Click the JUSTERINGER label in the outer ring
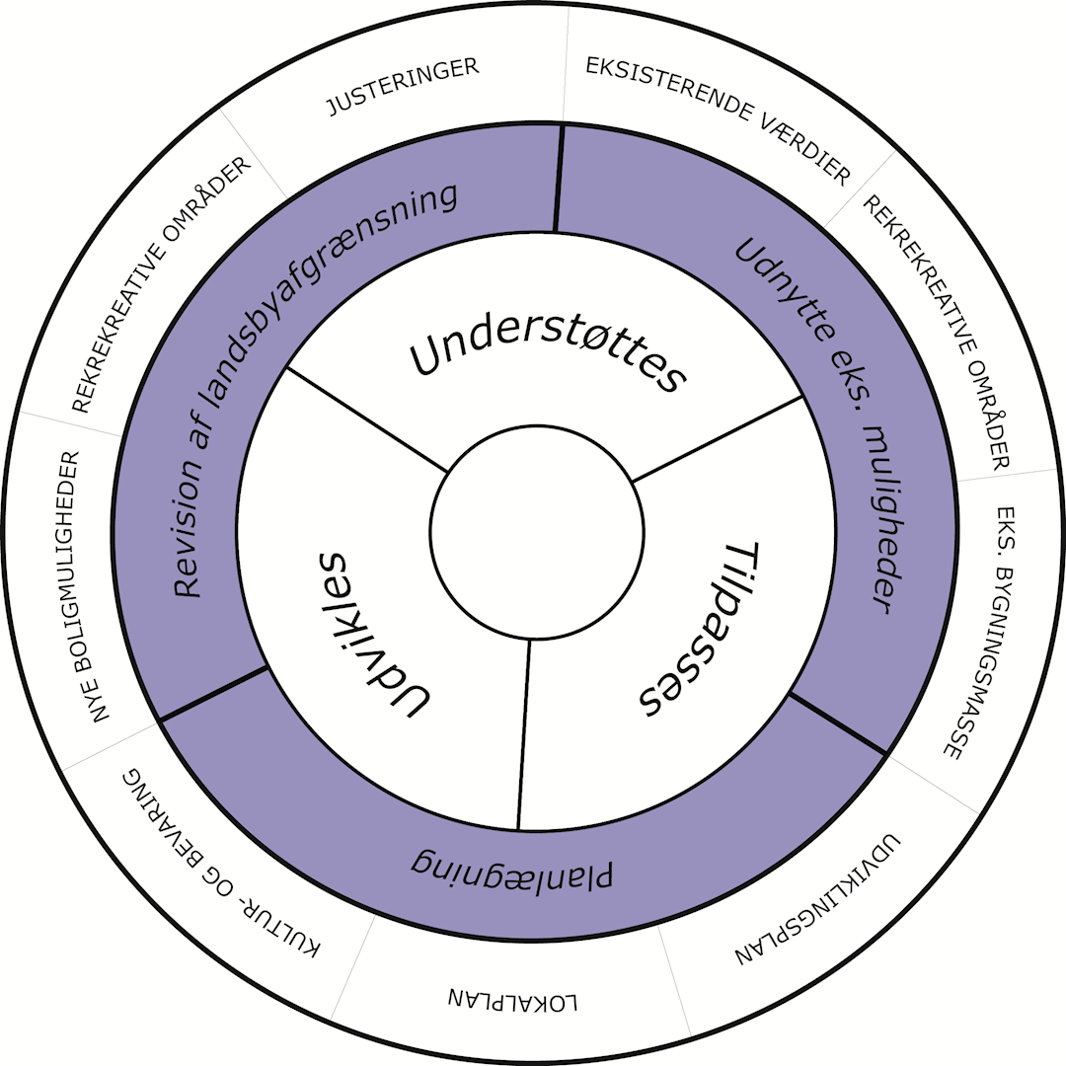pyautogui.click(x=403, y=86)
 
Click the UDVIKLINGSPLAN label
pyautogui.click(x=820, y=903)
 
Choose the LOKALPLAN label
pyautogui.click(x=513, y=998)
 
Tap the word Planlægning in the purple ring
pyautogui.click(x=512, y=865)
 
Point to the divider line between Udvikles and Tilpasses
pyautogui.click(x=524, y=735)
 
